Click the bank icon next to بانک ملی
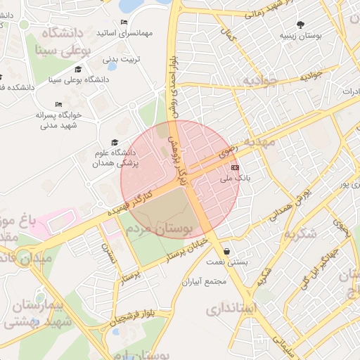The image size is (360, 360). (x=235, y=168)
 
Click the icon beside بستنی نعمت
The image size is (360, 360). (x=226, y=252)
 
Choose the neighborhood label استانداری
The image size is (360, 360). (x=232, y=309)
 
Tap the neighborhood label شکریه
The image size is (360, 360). (x=299, y=233)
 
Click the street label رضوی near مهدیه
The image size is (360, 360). (x=229, y=148)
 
